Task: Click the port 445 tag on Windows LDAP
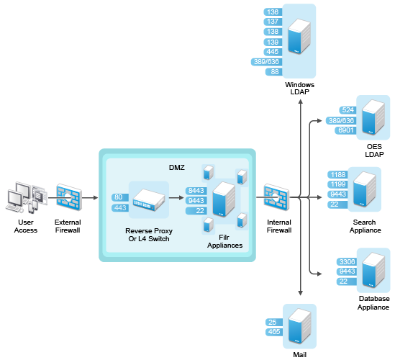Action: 273,52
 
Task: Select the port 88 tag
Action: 274,72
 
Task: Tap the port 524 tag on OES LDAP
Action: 348,110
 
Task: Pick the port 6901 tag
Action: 345,130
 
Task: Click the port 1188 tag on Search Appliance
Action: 338,175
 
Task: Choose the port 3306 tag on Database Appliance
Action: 347,262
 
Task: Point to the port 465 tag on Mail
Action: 274,332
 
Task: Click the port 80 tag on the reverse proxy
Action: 120,197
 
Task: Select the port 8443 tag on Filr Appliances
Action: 196,191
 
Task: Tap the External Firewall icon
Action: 69,197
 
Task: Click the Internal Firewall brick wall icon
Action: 276,197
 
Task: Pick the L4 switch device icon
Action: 149,199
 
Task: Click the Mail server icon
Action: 299,326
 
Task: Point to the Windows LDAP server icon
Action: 299,36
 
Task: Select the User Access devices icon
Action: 26,197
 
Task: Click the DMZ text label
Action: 177,167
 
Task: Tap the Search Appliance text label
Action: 365,226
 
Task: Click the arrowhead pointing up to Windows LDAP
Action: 300,102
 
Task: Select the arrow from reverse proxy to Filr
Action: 176,198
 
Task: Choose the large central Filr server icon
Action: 224,199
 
